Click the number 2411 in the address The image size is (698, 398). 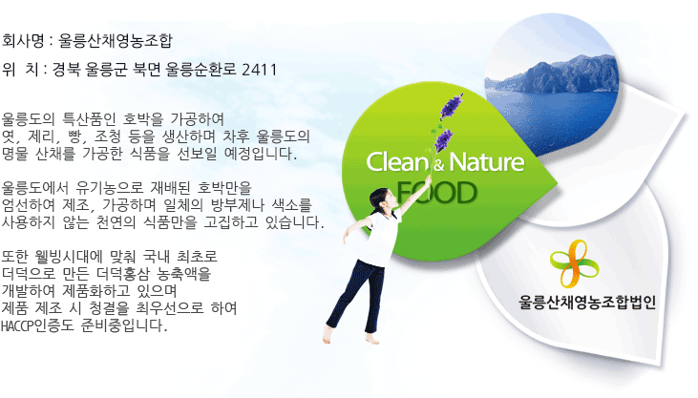[x=259, y=70]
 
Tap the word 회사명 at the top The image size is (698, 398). [x=23, y=41]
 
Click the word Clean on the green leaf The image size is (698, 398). [x=396, y=162]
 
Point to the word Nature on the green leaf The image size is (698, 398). [x=487, y=162]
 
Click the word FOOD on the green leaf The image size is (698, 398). [x=436, y=193]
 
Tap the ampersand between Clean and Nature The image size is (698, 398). [x=438, y=165]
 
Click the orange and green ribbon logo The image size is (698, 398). [x=574, y=263]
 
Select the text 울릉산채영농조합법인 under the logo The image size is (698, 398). [x=587, y=303]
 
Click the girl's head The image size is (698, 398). [x=381, y=199]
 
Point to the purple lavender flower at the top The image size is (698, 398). [x=452, y=106]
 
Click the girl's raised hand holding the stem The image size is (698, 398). [x=428, y=179]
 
